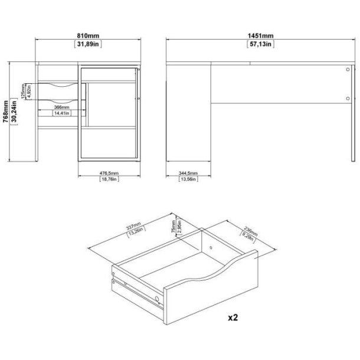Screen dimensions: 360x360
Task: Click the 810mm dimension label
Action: pyautogui.click(x=88, y=35)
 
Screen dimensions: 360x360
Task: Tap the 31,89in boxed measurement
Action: pyautogui.click(x=88, y=44)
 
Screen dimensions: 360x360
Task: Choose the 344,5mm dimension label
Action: pyautogui.click(x=188, y=173)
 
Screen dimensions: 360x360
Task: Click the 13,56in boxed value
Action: pyautogui.click(x=188, y=179)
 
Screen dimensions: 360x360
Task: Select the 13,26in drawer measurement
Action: pyautogui.click(x=141, y=234)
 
